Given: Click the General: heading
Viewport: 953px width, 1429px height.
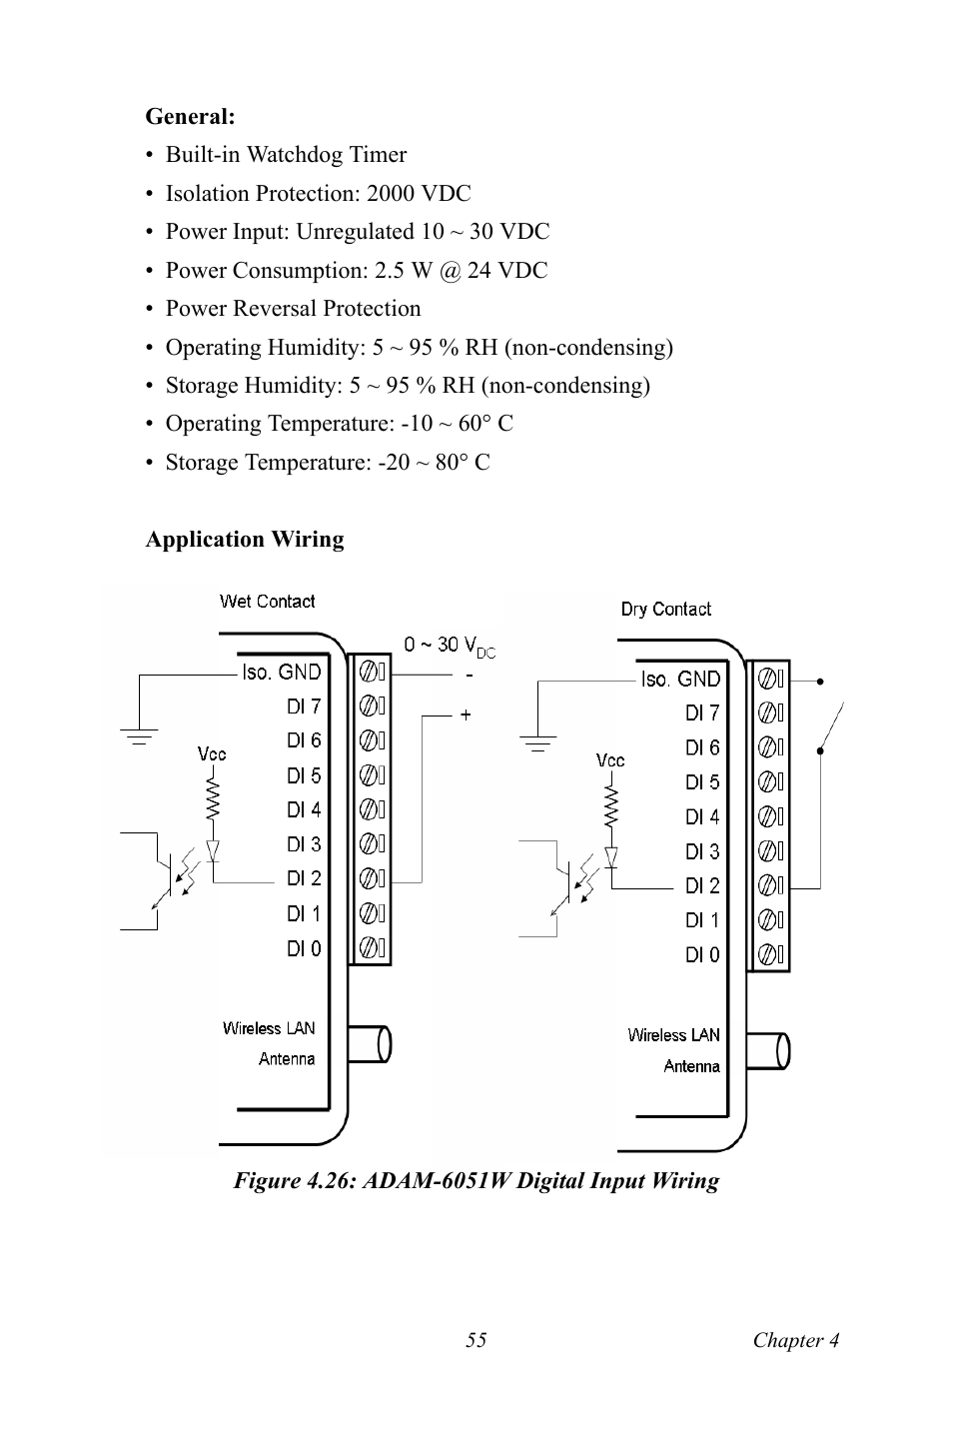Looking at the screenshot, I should click(x=190, y=116).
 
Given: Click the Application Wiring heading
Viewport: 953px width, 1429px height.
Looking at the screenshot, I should click(x=245, y=539).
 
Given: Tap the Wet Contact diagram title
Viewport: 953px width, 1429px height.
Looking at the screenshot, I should click(x=267, y=601).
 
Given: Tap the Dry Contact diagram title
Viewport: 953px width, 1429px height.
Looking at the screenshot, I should click(x=665, y=609).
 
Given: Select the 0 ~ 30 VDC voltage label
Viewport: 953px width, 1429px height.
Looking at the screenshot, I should click(x=449, y=646).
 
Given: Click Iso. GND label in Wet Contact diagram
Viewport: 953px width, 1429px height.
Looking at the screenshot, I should click(x=281, y=672).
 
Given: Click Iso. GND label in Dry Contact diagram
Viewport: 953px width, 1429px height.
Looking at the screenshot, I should click(x=680, y=679).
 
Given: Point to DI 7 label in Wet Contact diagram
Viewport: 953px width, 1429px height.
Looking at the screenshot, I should click(x=304, y=706).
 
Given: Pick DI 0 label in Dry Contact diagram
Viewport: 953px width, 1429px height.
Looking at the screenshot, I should click(x=702, y=954).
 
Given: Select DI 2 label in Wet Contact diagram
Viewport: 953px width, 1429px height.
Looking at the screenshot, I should click(x=304, y=878).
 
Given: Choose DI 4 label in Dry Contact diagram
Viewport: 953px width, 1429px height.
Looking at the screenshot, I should click(x=702, y=816).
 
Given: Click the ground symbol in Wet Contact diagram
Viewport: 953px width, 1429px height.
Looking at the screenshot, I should click(x=140, y=737).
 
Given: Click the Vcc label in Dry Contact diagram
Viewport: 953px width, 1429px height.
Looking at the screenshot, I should click(x=610, y=760).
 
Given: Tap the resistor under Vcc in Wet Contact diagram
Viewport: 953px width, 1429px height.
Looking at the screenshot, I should click(x=212, y=798).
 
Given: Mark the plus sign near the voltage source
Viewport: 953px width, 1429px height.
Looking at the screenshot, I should click(x=466, y=714).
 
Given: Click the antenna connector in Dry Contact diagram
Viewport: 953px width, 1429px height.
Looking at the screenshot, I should click(x=769, y=1050).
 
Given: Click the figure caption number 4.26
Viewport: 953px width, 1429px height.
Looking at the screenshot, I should click(x=331, y=1180).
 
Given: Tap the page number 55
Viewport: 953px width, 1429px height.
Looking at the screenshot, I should click(x=476, y=1340).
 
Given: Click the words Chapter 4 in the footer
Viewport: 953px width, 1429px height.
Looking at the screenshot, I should click(x=795, y=1340).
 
